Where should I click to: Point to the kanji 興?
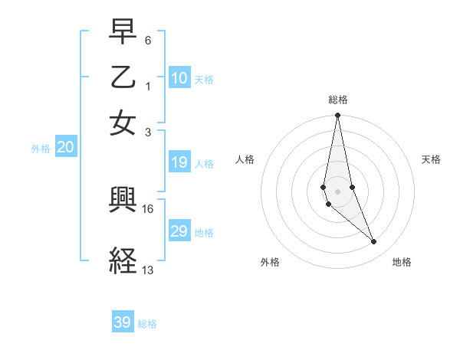tap(123, 201)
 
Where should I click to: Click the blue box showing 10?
tap(179, 77)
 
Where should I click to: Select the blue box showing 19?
tap(179, 162)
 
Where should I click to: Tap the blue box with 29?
tap(179, 231)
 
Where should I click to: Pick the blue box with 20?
tap(66, 148)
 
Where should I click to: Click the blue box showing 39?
tap(123, 322)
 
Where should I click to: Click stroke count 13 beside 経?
tap(147, 270)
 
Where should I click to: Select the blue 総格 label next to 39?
tap(148, 324)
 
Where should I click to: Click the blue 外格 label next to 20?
tap(41, 149)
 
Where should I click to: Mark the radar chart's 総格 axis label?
tap(337, 100)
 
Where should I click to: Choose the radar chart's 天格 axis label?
tap(431, 159)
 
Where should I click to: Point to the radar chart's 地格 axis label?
tap(402, 263)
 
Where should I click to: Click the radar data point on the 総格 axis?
tap(337, 116)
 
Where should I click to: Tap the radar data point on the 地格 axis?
tap(374, 241)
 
